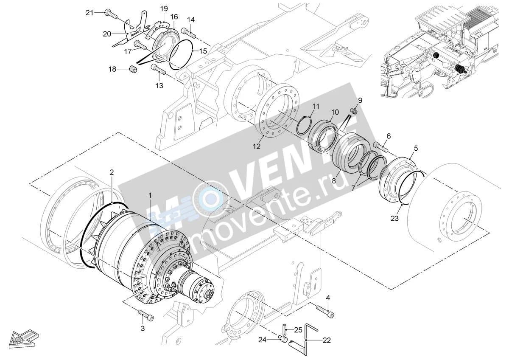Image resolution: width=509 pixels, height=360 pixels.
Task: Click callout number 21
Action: point(89,13)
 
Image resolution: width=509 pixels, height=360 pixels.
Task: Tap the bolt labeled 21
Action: point(111,14)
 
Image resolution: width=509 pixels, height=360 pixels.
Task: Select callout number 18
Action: point(112,69)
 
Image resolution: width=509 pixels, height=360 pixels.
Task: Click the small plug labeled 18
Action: point(133,69)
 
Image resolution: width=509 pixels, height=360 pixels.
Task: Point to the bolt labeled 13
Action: point(158,69)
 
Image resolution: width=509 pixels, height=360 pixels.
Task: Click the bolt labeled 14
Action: point(188,33)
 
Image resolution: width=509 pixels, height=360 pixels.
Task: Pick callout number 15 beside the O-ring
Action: point(203,51)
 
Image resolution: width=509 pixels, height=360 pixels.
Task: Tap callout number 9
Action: point(360,100)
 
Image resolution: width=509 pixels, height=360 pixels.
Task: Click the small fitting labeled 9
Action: point(354,111)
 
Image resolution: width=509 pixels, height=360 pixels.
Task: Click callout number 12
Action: point(257,146)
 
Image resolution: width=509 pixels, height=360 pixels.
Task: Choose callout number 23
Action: point(394,219)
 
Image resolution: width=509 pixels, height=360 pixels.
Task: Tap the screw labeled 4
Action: point(325,311)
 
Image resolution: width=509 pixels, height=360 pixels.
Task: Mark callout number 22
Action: point(327,340)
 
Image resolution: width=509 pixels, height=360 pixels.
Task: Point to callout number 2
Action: point(112,172)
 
